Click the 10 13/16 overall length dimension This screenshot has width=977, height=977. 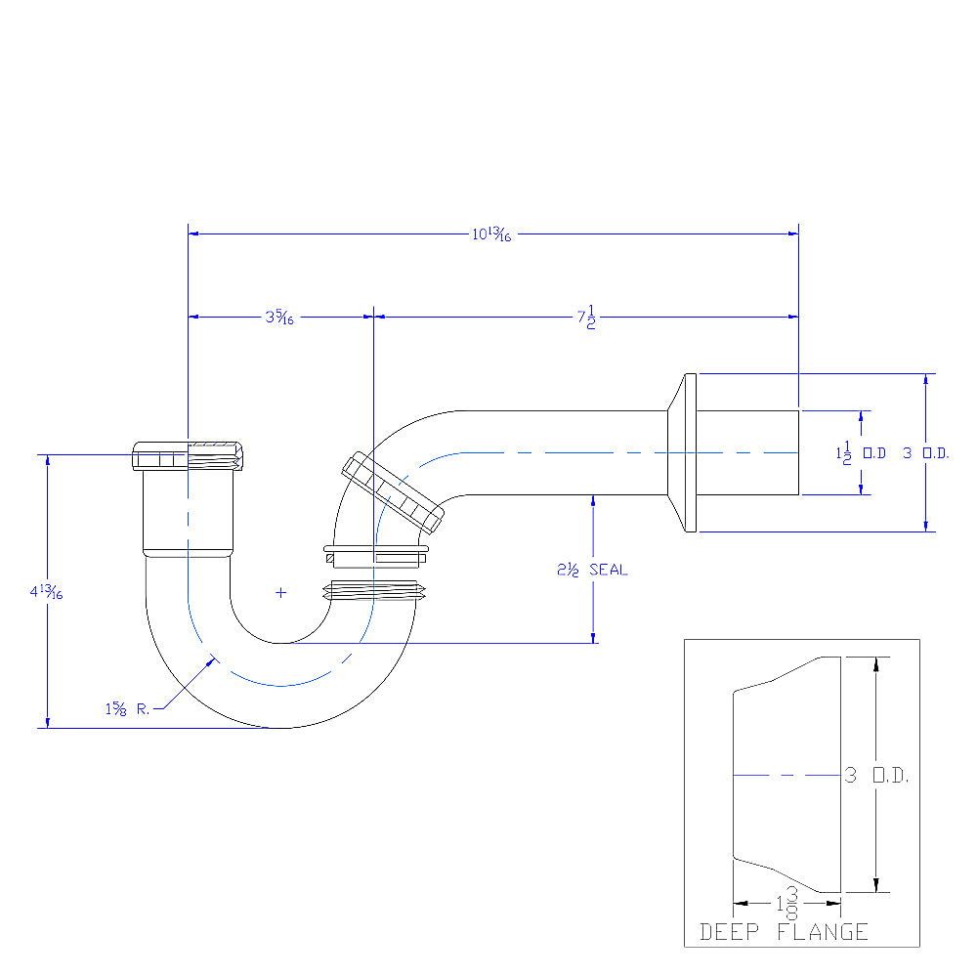pos(491,234)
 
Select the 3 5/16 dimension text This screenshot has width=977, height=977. pos(279,318)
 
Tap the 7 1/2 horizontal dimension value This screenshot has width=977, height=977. pos(586,318)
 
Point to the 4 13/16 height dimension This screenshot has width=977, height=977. pos(46,591)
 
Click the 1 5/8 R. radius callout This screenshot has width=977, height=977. pos(127,708)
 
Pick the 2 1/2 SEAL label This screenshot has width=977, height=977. pos(592,570)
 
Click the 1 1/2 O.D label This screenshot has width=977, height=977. pos(861,453)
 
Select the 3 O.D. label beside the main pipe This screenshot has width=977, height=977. pos(926,453)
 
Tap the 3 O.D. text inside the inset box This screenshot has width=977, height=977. pos(876,775)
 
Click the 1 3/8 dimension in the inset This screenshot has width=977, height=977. pos(786,903)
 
